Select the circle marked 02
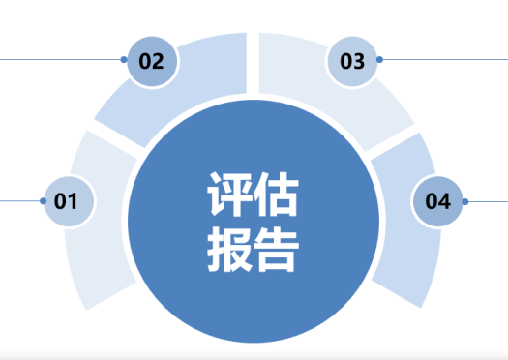click(x=152, y=61)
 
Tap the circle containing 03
click(x=352, y=61)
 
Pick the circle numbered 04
click(x=437, y=201)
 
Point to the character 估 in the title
click(x=276, y=195)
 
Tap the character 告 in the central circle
click(x=276, y=249)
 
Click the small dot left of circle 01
click(x=44, y=201)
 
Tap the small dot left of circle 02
click(x=124, y=60)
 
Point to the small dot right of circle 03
click(x=380, y=60)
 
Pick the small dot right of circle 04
click(x=465, y=201)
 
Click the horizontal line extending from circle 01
click(x=19, y=201)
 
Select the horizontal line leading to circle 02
click(x=58, y=60)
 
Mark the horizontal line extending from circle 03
click(x=445, y=60)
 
